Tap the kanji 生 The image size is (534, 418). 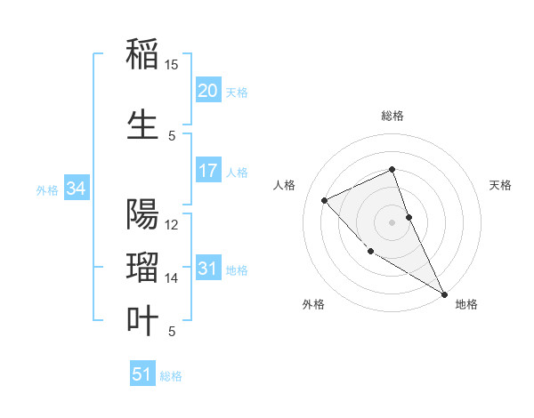click(x=142, y=125)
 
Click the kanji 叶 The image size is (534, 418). click(x=142, y=321)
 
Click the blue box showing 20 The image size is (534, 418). click(x=207, y=91)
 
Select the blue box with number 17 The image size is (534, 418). click(x=207, y=171)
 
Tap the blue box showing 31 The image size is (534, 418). click(x=207, y=269)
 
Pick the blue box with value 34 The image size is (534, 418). click(x=76, y=189)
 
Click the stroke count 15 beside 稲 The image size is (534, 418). click(x=171, y=65)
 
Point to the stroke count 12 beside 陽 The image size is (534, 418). click(x=172, y=225)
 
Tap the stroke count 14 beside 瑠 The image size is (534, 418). click(x=172, y=278)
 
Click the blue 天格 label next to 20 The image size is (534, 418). click(x=237, y=92)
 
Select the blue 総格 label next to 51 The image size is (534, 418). click(x=171, y=376)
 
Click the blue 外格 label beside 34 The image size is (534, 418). click(x=47, y=189)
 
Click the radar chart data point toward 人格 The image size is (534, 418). click(x=325, y=200)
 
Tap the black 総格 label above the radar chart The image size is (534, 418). click(x=392, y=116)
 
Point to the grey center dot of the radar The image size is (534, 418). click(x=392, y=222)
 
